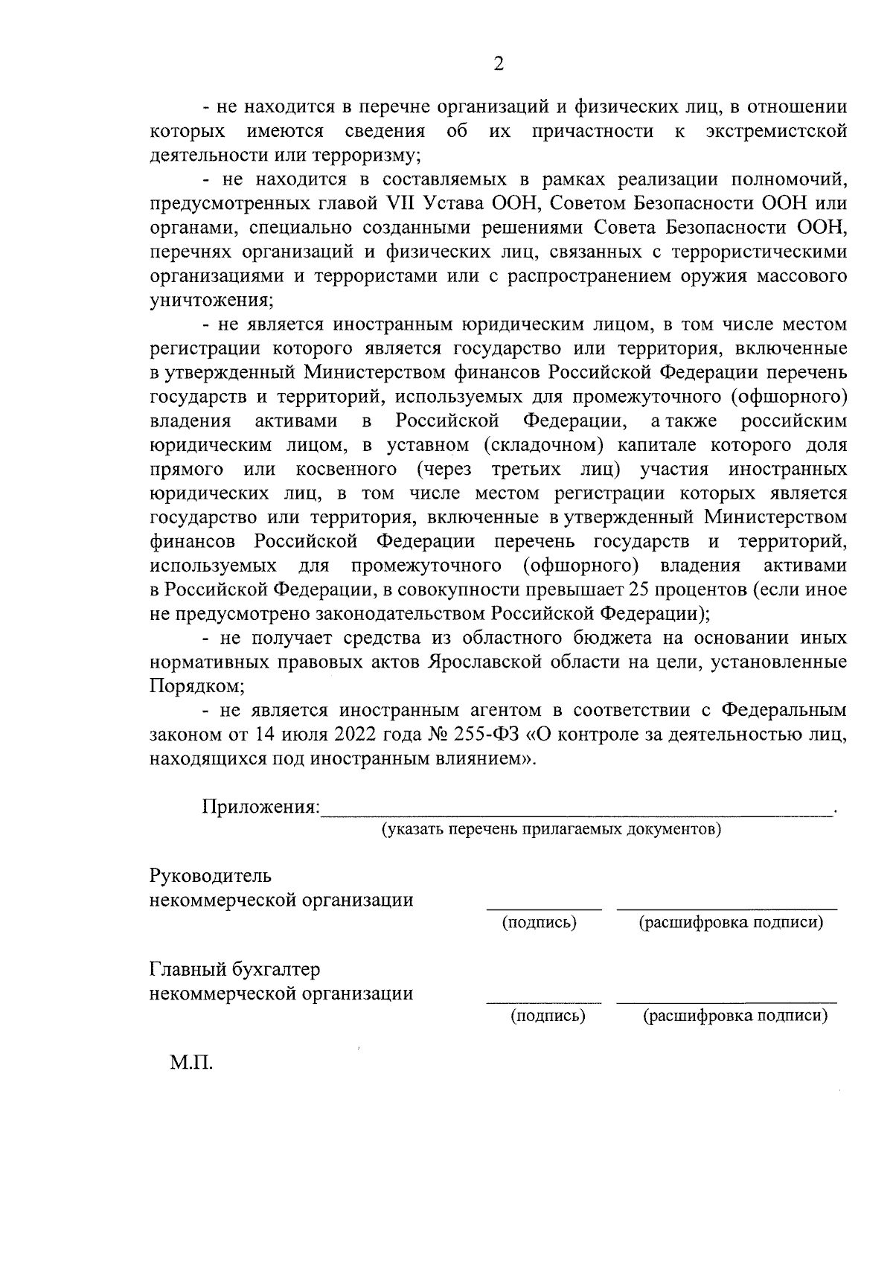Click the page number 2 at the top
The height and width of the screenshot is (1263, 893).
pos(499,65)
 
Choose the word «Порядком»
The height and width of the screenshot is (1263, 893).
pos(196,685)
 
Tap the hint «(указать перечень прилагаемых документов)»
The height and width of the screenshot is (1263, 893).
pos(551,829)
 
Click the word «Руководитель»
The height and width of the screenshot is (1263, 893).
pos(211,876)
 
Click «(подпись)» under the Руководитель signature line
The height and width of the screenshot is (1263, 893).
pos(540,923)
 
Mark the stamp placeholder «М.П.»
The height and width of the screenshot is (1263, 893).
pos(191,1063)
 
